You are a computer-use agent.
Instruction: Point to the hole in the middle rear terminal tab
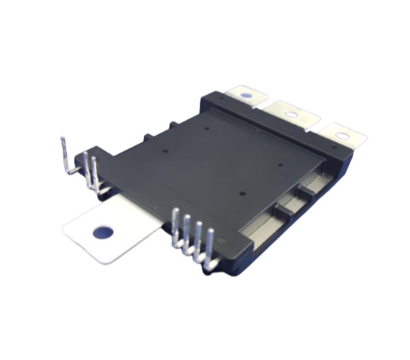(x=291, y=115)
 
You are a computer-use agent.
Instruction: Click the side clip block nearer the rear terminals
(x=305, y=192)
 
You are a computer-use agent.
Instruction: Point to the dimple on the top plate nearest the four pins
(x=242, y=193)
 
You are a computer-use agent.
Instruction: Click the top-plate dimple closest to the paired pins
(x=166, y=150)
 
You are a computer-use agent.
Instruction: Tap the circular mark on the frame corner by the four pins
(x=222, y=241)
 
